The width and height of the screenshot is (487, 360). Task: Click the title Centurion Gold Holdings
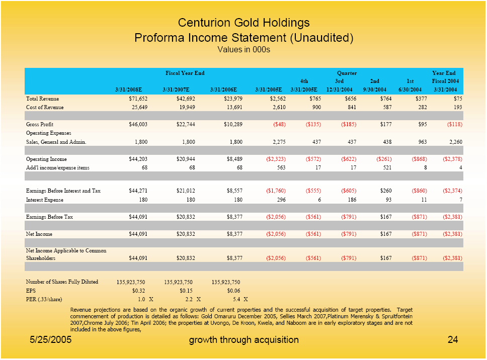[x=243, y=23]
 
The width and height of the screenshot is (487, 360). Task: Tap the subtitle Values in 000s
[x=243, y=49]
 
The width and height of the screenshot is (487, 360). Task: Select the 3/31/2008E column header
[x=129, y=89]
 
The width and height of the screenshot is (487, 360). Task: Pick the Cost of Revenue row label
[x=45, y=108]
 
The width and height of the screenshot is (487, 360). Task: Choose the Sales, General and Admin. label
[x=56, y=142]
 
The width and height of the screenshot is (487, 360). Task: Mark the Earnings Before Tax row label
[x=49, y=217]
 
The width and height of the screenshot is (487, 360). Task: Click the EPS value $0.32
[x=138, y=290]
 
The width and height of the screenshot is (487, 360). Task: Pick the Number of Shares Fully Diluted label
[x=62, y=282]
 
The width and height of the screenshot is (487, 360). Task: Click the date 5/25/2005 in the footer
[x=49, y=340]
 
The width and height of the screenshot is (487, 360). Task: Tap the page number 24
[x=452, y=340]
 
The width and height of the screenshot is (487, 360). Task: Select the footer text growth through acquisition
[x=243, y=340]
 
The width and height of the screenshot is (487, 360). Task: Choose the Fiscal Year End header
[x=185, y=73]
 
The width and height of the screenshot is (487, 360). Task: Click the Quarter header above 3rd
[x=347, y=73]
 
